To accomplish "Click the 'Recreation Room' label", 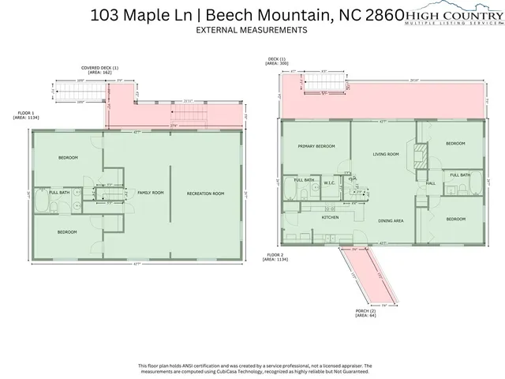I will click(205, 193).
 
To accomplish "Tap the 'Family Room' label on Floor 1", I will click(150, 193).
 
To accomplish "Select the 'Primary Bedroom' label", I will click(316, 147).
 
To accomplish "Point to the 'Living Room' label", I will click(386, 155).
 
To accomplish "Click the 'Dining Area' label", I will click(391, 221).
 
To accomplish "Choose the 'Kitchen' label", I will click(330, 217).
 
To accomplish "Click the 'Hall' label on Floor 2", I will click(431, 183).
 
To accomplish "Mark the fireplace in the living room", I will click(421, 152).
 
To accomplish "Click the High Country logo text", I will click(454, 13).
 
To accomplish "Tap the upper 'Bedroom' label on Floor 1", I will click(68, 158).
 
